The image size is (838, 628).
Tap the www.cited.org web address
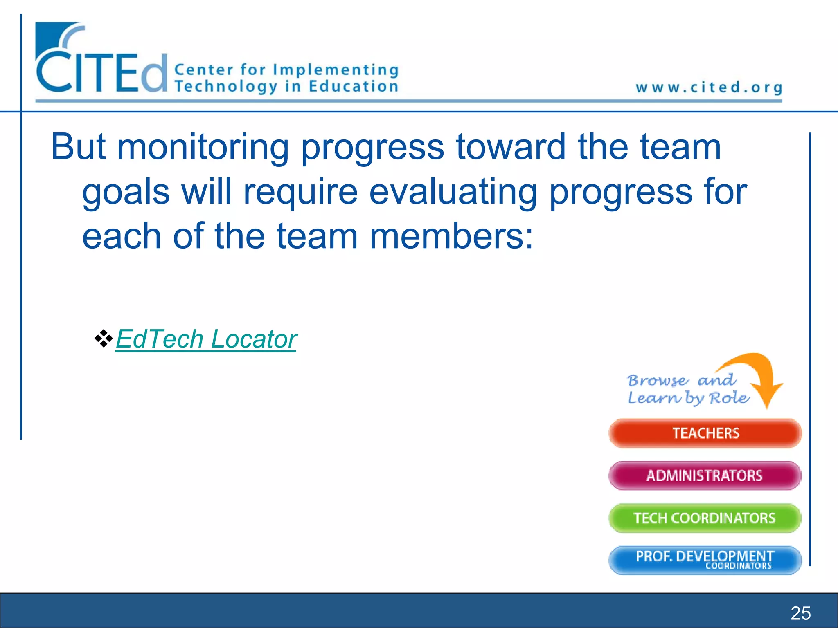pyautogui.click(x=709, y=87)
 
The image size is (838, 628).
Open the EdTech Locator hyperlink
pyautogui.click(x=206, y=339)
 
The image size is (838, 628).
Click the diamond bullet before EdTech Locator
pyautogui.click(x=104, y=339)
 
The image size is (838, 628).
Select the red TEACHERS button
pyautogui.click(x=705, y=433)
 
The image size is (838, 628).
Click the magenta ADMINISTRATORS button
pyautogui.click(x=705, y=475)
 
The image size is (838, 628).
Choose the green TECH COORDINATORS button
pyautogui.click(x=705, y=518)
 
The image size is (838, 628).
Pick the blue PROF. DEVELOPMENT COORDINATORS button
pyautogui.click(x=705, y=560)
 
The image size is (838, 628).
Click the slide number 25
pyautogui.click(x=800, y=613)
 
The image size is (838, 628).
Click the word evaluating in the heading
pyautogui.click(x=453, y=192)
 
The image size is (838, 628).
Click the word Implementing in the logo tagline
pyautogui.click(x=336, y=70)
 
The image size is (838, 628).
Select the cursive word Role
pyautogui.click(x=729, y=398)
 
